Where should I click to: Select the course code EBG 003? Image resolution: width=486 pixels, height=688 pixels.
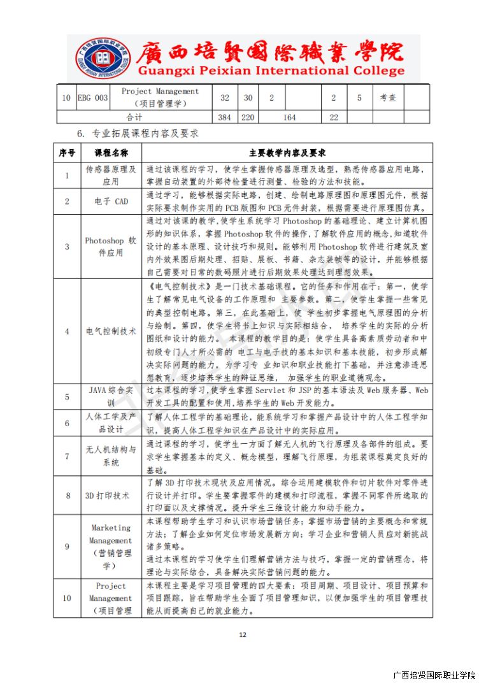[x=93, y=97]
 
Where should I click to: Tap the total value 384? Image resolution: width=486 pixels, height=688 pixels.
[x=225, y=117]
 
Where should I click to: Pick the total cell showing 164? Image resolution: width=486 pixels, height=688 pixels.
[x=289, y=117]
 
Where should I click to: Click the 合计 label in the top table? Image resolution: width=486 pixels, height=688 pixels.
[x=134, y=117]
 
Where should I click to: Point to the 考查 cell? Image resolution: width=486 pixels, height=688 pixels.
[x=388, y=97]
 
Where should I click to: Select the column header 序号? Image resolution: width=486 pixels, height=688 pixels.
[x=67, y=153]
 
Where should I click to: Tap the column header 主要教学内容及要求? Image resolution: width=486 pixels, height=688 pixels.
[x=287, y=153]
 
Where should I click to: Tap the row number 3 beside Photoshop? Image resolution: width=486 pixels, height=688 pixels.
[x=67, y=247]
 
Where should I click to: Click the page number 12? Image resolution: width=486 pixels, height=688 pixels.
[x=243, y=634]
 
